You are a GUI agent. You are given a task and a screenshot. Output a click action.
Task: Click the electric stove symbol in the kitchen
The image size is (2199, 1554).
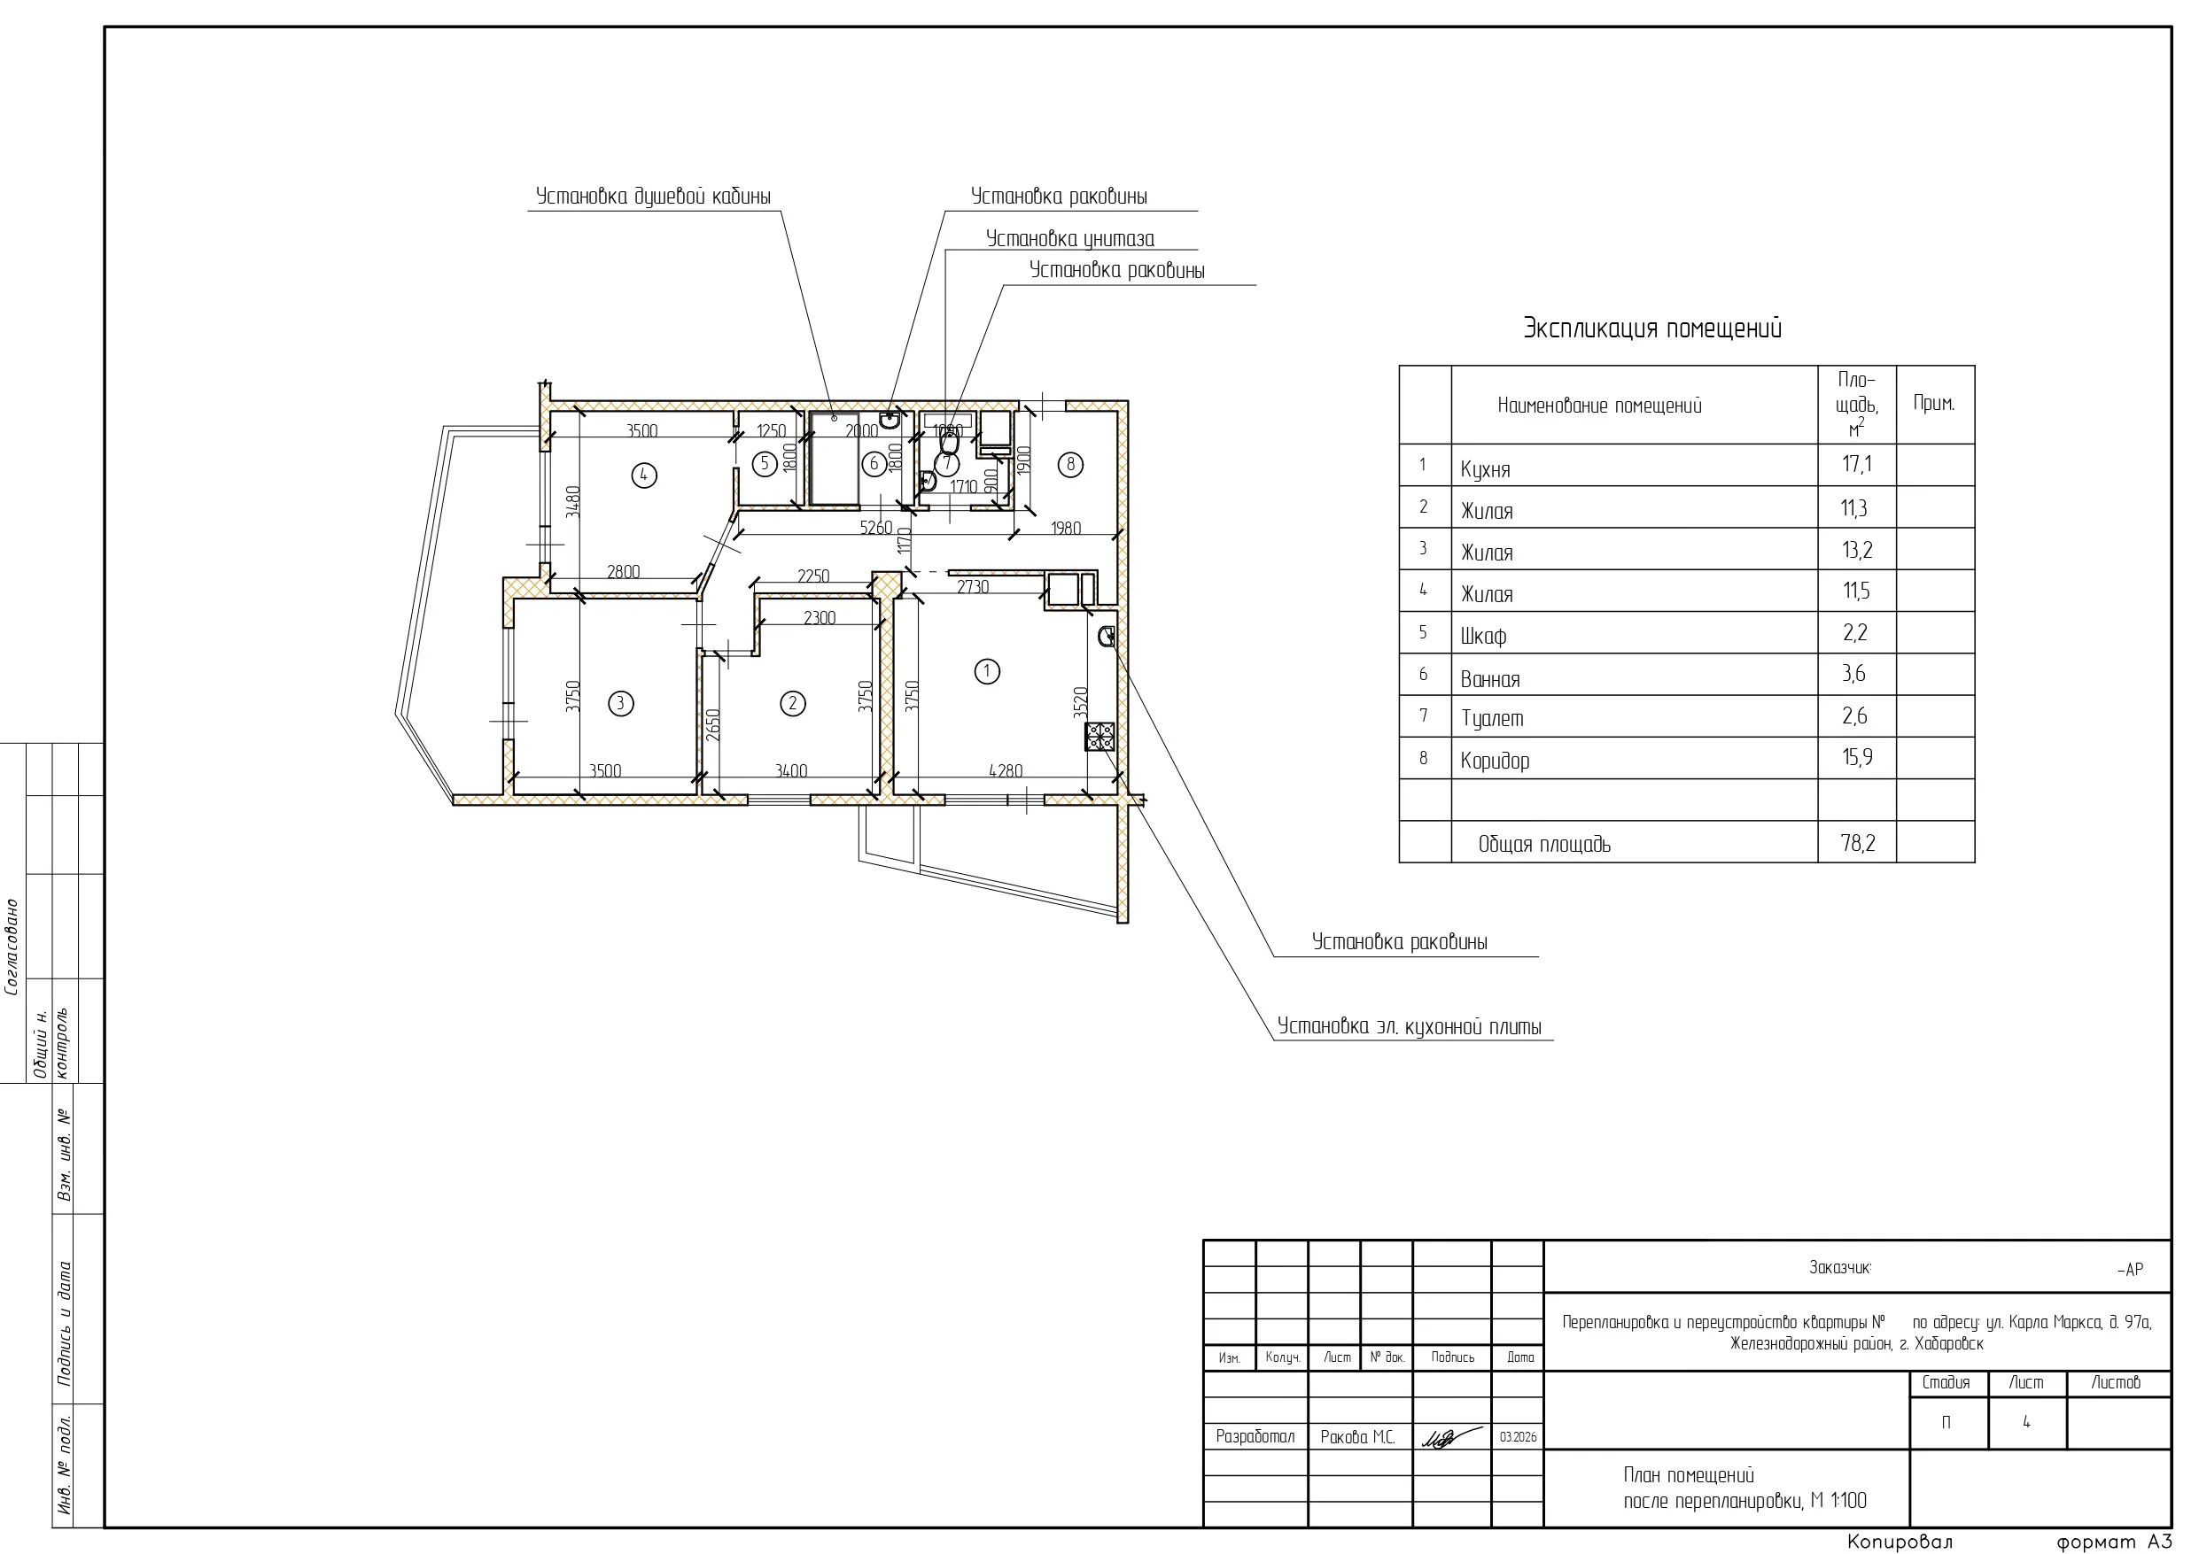[x=1099, y=737]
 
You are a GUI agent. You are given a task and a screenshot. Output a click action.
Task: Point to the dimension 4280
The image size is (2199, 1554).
[x=1005, y=769]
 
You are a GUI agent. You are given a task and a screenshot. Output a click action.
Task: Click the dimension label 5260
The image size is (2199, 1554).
[x=875, y=528]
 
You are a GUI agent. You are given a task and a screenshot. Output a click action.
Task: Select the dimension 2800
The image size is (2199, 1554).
[x=623, y=572]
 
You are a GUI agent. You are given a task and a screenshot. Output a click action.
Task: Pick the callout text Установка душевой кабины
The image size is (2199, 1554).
[x=653, y=197]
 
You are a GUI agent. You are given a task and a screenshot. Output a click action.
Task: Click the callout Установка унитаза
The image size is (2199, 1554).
[x=1069, y=238]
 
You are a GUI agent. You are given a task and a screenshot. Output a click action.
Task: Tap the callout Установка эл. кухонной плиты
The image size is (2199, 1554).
[x=1409, y=1026]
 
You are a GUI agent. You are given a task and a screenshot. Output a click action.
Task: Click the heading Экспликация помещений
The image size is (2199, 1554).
[x=1652, y=329]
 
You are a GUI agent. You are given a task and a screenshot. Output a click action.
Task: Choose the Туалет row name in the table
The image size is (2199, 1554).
[x=1491, y=718]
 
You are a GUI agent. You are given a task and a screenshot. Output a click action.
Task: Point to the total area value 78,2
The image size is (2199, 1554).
[x=1857, y=843]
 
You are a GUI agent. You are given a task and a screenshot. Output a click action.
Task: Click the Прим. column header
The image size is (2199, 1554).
[x=1934, y=403]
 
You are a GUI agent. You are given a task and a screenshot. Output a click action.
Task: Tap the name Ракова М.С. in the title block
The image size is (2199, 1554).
[x=1357, y=1437]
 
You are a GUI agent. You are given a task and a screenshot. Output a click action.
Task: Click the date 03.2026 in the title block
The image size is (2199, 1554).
[x=1518, y=1437]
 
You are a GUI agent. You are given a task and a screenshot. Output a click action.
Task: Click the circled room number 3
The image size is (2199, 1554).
[x=620, y=704]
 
